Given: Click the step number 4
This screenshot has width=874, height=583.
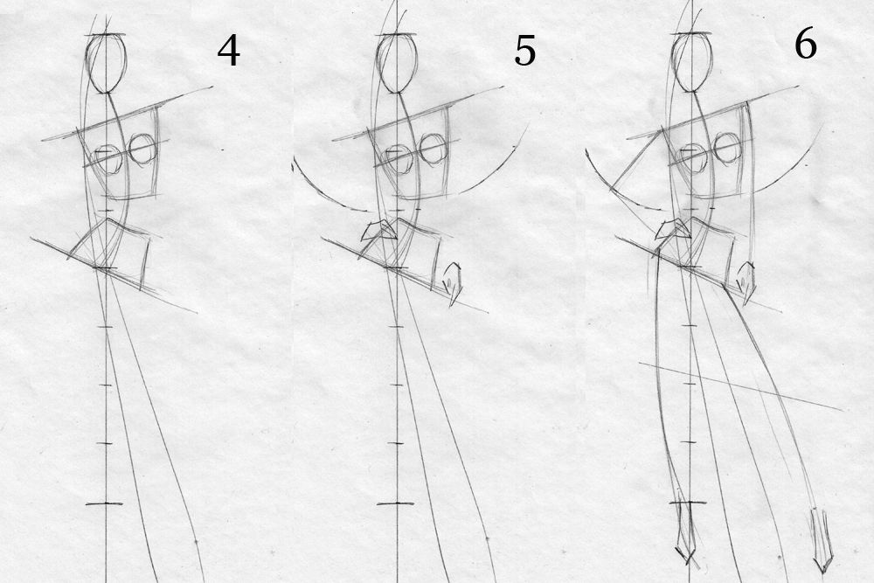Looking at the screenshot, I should coord(228,52).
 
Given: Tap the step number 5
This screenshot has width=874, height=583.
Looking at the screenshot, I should coord(524,52).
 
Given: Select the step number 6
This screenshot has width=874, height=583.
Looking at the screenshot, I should coord(805,45).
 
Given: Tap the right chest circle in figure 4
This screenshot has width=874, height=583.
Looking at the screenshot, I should coord(142,149).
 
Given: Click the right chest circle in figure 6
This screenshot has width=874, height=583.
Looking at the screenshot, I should coord(726,148).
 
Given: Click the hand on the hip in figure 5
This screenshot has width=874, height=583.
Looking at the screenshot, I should coord(377,233).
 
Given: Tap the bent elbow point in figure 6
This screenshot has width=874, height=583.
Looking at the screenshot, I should coord(612,185).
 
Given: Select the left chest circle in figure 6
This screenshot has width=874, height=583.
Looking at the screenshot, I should coord(693,158).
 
